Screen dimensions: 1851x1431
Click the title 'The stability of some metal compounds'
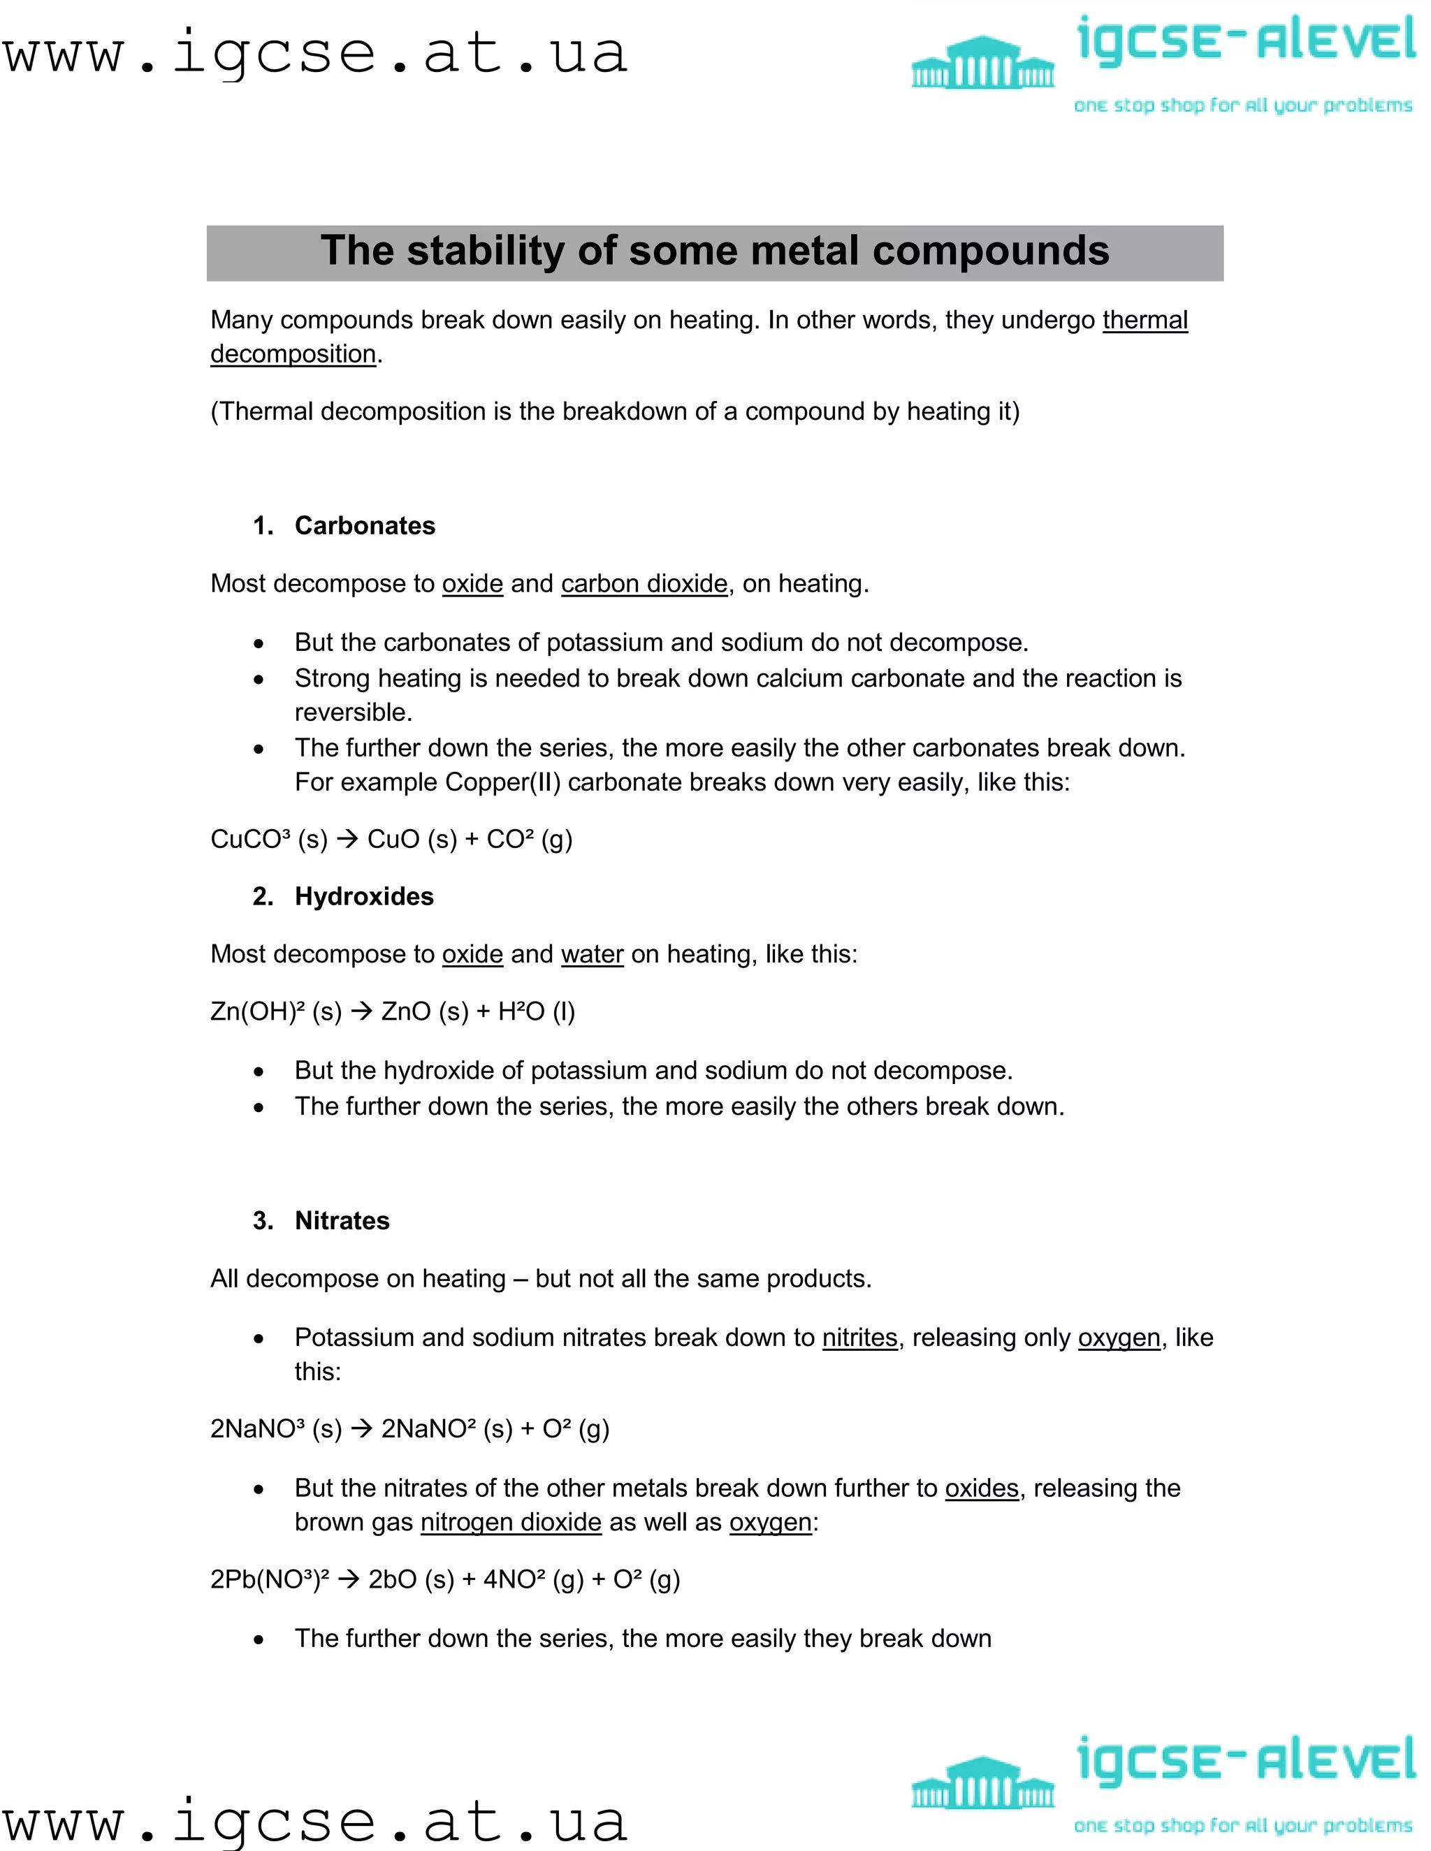pos(715,251)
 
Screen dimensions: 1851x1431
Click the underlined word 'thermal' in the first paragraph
pos(1145,321)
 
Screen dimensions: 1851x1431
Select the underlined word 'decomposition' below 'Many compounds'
pos(293,354)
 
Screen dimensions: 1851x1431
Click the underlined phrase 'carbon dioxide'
pos(644,584)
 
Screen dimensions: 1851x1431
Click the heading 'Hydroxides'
pos(363,897)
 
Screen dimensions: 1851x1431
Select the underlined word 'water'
pos(592,954)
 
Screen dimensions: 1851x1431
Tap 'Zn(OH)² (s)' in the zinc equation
pos(275,1012)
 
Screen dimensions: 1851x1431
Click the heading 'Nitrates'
pos(342,1220)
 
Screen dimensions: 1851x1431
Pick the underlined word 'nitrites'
pos(859,1338)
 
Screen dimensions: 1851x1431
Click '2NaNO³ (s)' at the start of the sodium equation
pos(275,1429)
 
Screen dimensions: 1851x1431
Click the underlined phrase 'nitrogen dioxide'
pos(510,1522)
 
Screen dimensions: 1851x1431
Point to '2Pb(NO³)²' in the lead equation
pos(269,1580)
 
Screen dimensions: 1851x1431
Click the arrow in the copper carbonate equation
pos(347,839)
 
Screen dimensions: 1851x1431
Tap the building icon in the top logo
pos(982,63)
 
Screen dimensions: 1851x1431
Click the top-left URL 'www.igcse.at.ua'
pos(314,52)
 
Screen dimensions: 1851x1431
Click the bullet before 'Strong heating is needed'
pos(259,680)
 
